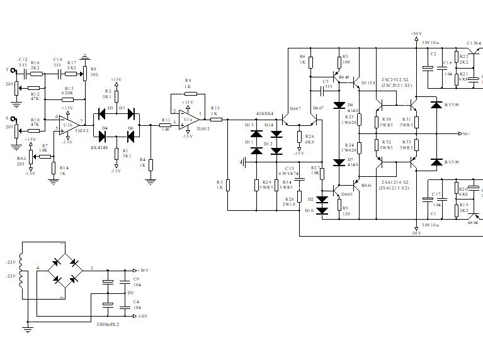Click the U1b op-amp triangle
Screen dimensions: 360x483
click(x=70, y=121)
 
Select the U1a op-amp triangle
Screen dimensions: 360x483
click(x=188, y=117)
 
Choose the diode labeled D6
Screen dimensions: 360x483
click(x=130, y=133)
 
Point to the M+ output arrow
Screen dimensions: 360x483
click(x=463, y=134)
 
